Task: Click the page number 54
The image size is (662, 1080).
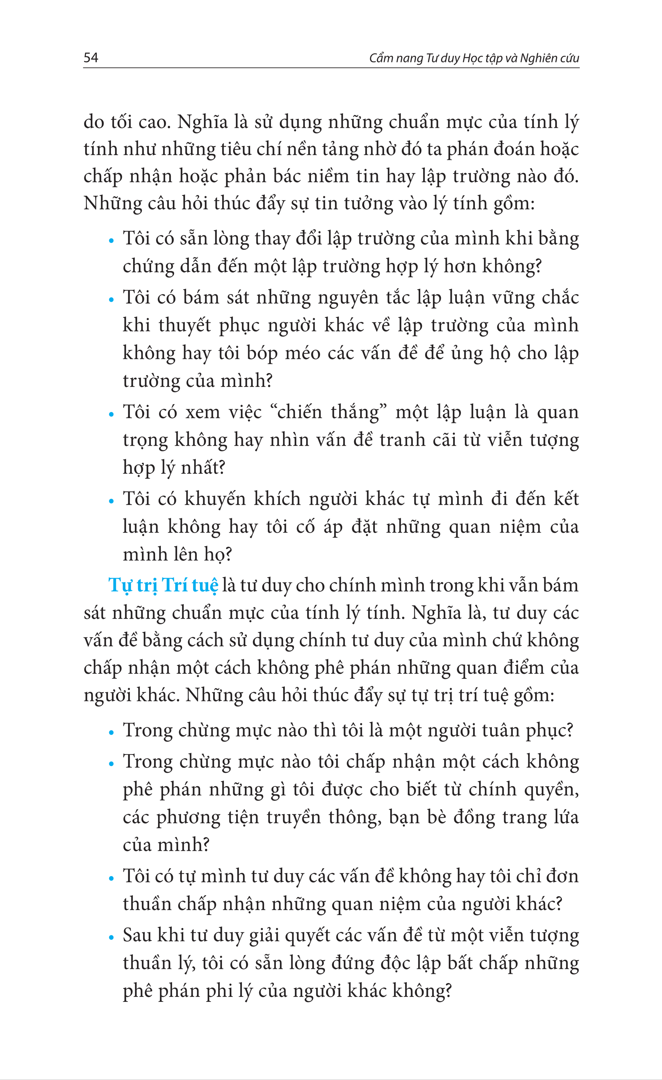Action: click(91, 57)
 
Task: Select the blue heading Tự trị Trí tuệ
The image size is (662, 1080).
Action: click(163, 586)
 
